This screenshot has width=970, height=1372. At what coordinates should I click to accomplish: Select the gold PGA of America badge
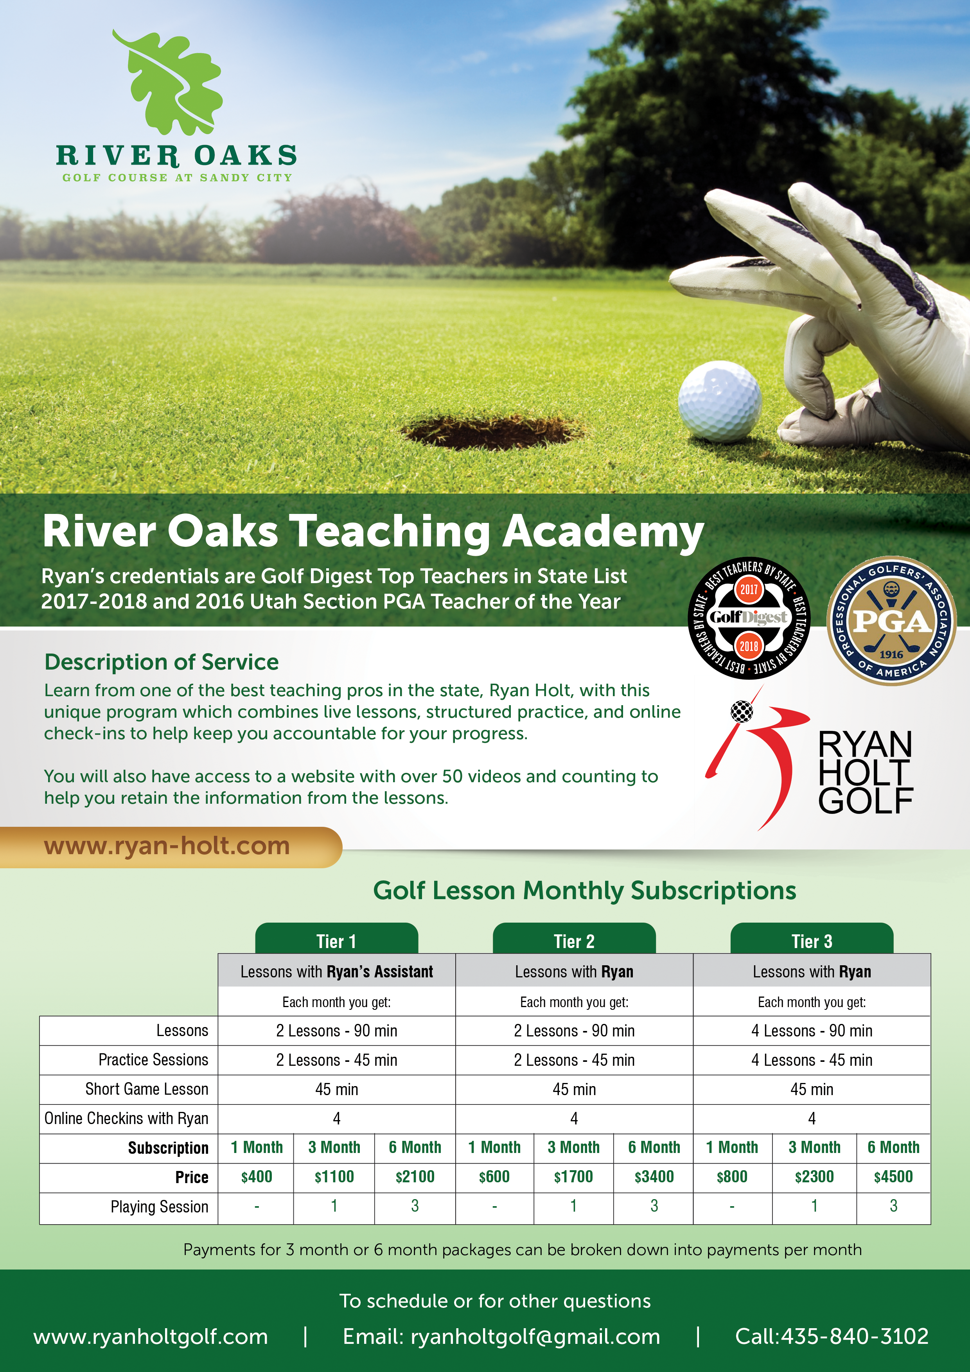[x=891, y=621]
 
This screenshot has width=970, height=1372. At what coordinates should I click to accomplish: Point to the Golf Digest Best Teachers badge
[x=749, y=618]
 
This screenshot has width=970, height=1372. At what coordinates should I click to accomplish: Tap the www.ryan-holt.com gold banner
[x=167, y=846]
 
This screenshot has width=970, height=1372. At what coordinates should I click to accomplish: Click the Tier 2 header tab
[x=574, y=941]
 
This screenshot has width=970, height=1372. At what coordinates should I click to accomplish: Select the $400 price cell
[x=257, y=1176]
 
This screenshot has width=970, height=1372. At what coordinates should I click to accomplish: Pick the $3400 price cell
[x=654, y=1176]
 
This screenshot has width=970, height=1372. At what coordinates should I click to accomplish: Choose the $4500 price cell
[x=893, y=1176]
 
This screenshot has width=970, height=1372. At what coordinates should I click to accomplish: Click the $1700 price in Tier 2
[x=573, y=1176]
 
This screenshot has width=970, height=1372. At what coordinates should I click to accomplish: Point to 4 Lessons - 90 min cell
[x=812, y=1030]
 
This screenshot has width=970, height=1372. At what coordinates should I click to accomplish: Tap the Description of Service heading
[x=162, y=662]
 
